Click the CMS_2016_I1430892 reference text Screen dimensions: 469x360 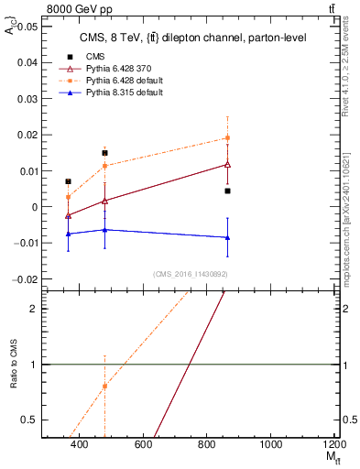point(190,274)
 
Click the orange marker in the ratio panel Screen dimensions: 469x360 point(105,386)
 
